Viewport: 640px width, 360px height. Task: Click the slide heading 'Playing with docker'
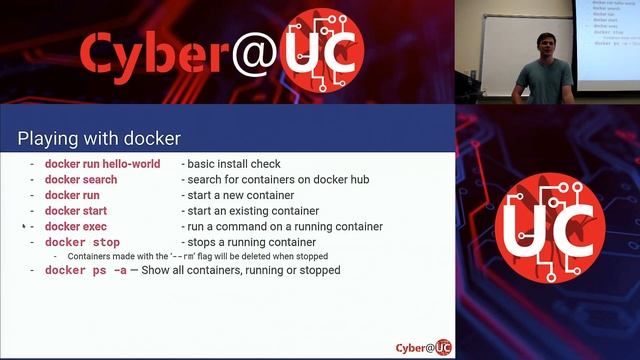pos(99,137)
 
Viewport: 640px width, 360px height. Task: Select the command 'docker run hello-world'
pos(102,164)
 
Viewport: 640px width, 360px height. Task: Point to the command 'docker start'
pos(76,211)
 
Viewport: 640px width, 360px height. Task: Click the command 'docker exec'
pos(76,227)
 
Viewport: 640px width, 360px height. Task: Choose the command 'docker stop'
pos(82,242)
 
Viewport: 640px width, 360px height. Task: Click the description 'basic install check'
pos(231,164)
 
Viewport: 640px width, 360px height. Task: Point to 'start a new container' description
pos(237,195)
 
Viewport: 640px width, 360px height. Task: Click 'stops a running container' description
pos(248,242)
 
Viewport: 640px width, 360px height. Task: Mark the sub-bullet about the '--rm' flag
pos(198,256)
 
